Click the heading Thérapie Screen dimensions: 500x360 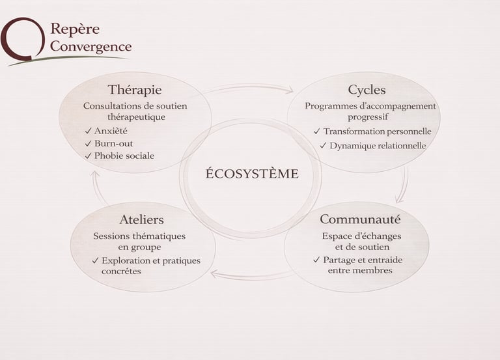coord(134,90)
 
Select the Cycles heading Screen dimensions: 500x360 coord(367,90)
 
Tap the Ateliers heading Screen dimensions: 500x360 coord(141,219)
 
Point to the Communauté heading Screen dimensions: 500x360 coord(360,219)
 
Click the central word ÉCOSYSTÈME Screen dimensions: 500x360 coord(251,174)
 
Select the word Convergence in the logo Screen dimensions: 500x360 coord(91,47)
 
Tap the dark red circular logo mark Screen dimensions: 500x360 coord(20,39)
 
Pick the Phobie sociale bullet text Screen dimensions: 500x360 coord(124,156)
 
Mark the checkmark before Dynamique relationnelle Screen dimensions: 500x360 coord(323,146)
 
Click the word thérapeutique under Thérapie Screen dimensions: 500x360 coord(136,117)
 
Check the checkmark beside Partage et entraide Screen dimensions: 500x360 coord(316,260)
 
